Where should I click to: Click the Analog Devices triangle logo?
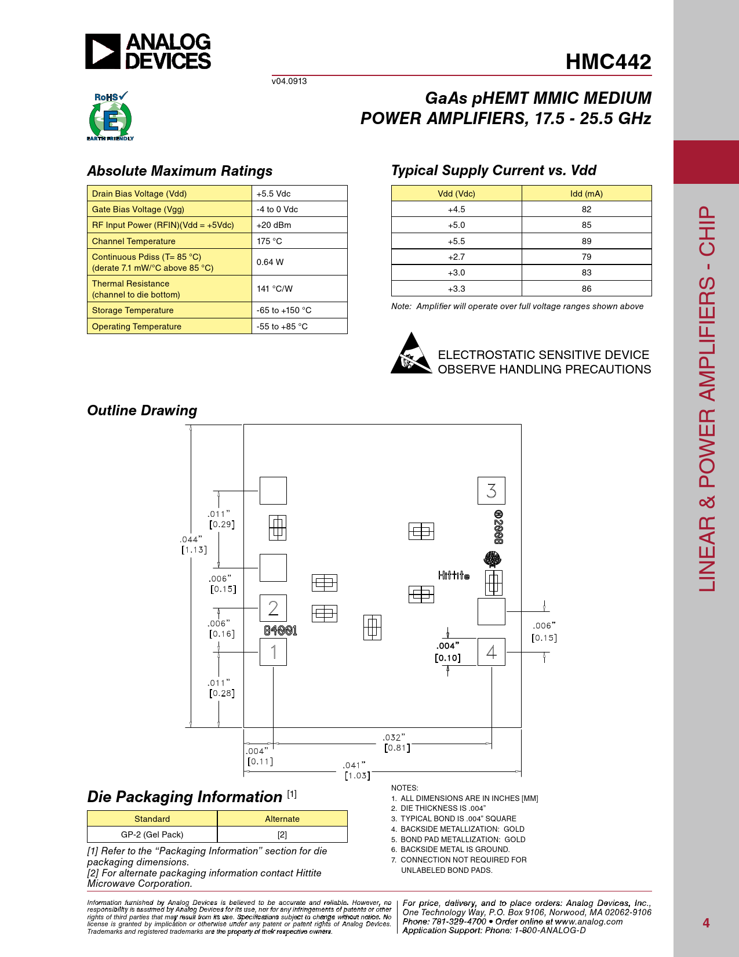103,51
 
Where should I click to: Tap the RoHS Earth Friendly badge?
110,116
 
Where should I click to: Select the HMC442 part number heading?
608,61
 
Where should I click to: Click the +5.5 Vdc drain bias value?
274,194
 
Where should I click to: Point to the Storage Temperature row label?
133,310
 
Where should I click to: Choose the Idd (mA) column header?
586,194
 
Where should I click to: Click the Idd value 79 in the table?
586,257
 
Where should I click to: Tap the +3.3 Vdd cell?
456,288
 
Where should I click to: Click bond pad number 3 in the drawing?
491,491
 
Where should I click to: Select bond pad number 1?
274,652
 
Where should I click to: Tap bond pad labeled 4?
491,652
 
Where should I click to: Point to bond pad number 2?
274,608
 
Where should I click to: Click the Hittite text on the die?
454,575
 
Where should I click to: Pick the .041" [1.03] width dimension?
356,770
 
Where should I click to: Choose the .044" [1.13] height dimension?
194,545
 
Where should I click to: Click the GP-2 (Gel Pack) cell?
152,835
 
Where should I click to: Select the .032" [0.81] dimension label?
396,742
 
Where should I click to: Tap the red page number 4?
706,923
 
